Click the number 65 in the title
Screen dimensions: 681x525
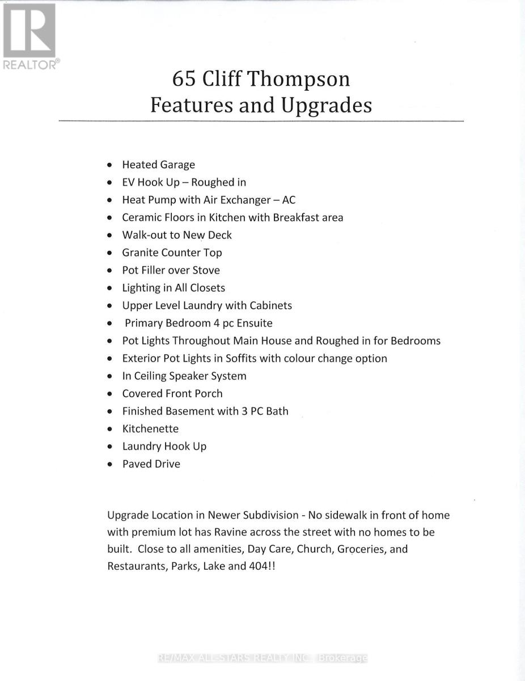(x=185, y=79)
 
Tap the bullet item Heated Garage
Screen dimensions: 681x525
(x=158, y=165)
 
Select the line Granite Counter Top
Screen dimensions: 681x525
(x=172, y=253)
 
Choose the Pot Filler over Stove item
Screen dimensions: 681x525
(x=171, y=270)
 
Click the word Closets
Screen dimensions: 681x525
(x=208, y=288)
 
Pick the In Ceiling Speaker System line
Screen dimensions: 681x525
(x=184, y=376)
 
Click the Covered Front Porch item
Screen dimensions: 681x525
(x=172, y=393)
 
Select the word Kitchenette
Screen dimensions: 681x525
(x=150, y=428)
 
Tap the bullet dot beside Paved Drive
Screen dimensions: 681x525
(x=110, y=464)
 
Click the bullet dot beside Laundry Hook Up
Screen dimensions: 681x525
(x=110, y=447)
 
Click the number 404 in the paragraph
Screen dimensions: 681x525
(x=254, y=566)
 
